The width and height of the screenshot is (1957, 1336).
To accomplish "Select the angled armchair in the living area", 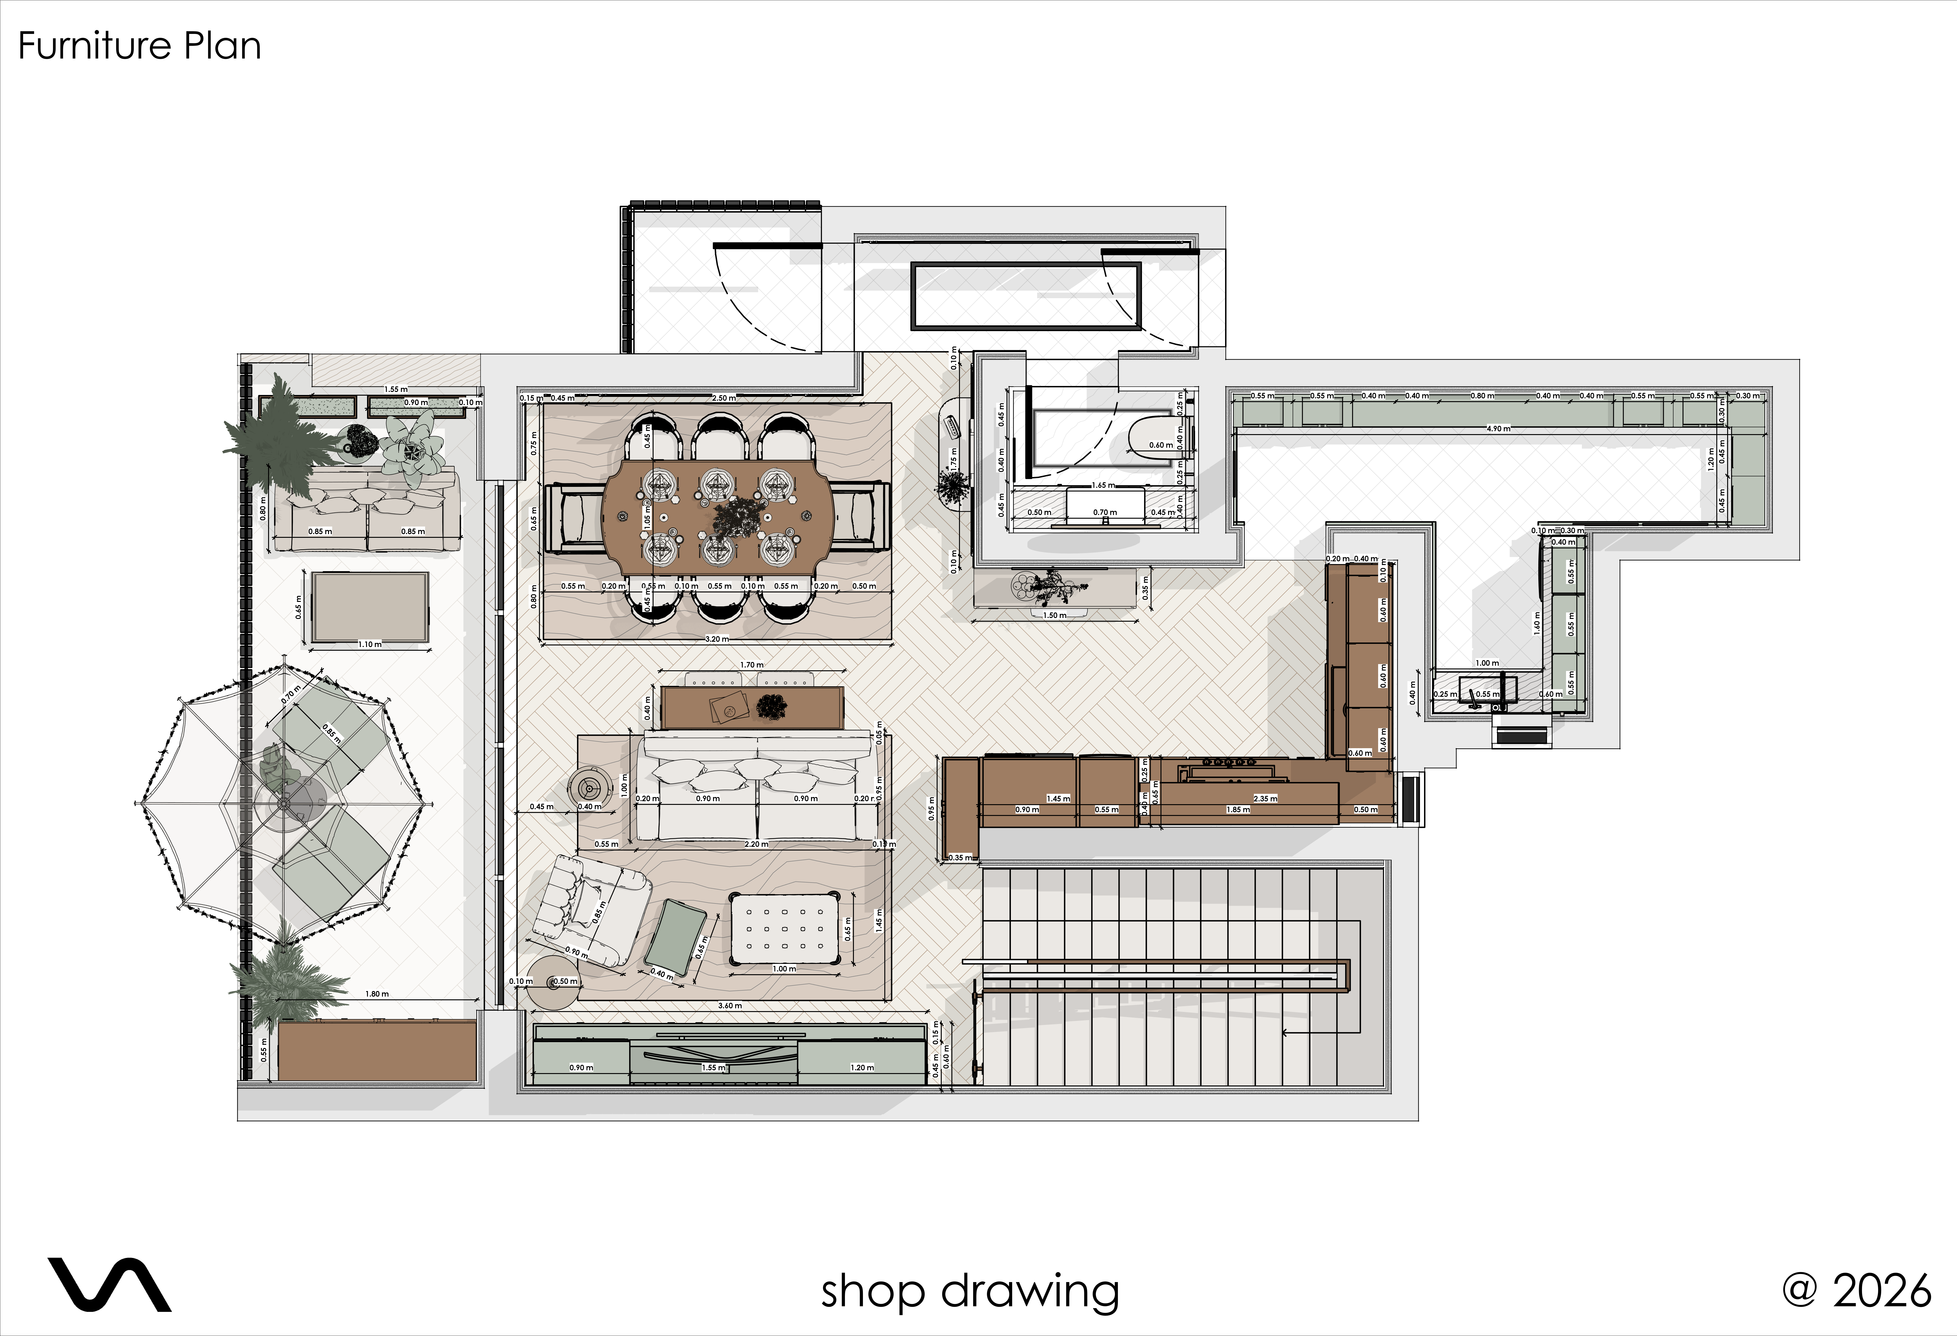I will click(589, 909).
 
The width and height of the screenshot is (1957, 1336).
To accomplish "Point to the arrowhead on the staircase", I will click(1286, 1032).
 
